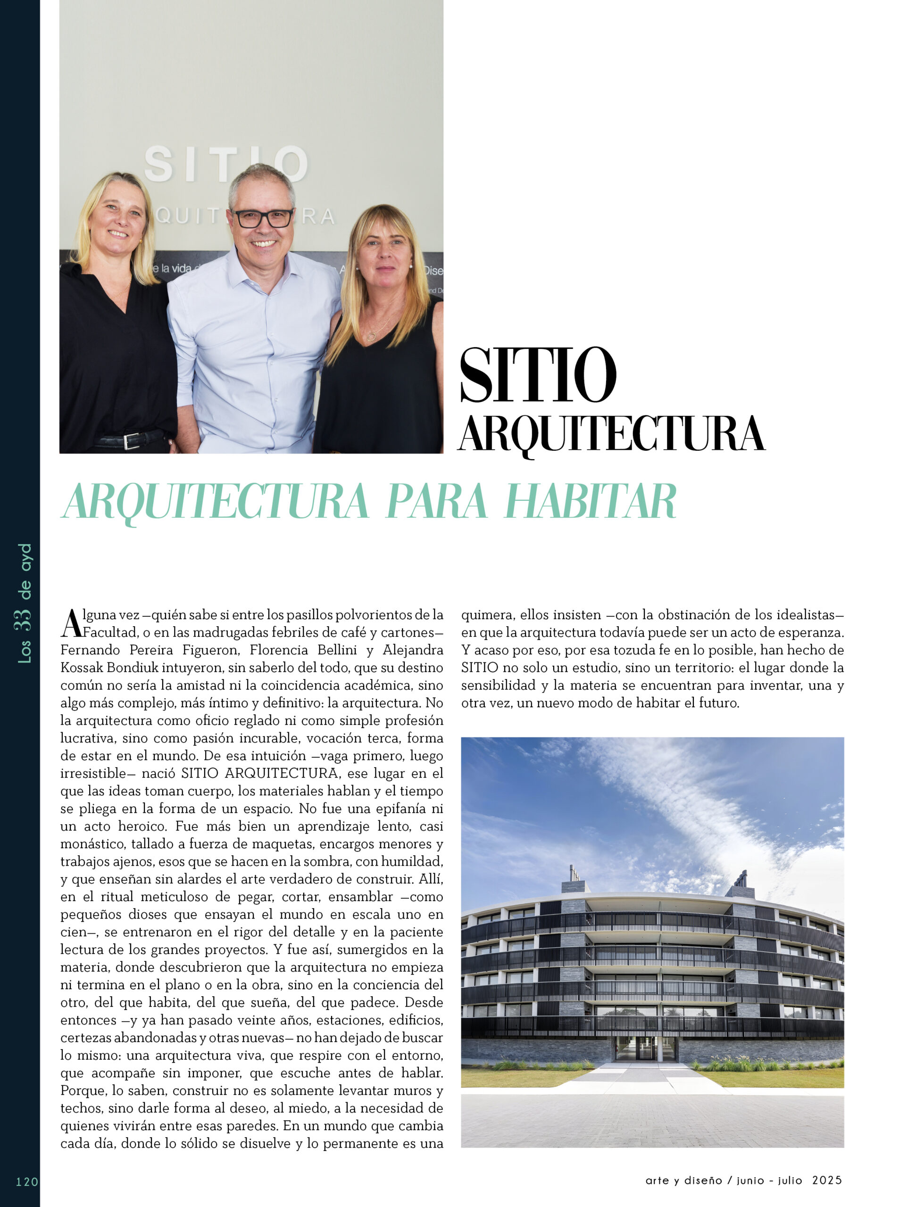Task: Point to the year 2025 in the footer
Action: pyautogui.click(x=827, y=1180)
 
